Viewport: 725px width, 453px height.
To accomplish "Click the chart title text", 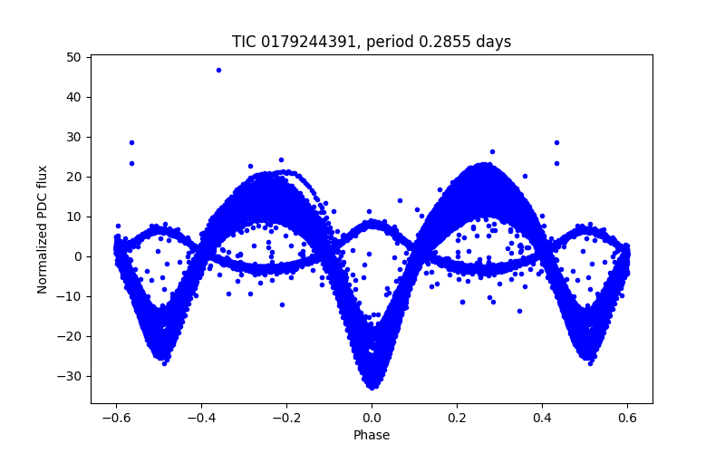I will pyautogui.click(x=372, y=42).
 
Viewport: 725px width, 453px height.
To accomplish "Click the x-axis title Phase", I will pyautogui.click(x=372, y=435).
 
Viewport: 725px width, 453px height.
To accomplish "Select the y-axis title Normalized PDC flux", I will pyautogui.click(x=43, y=228).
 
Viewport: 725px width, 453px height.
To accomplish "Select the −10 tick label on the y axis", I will pyautogui.click(x=71, y=296).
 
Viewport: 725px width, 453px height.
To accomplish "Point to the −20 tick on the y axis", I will pyautogui.click(x=71, y=336).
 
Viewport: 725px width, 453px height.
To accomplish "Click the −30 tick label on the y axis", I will pyautogui.click(x=71, y=376).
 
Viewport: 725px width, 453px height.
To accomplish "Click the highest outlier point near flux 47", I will pyautogui.click(x=218, y=70).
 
